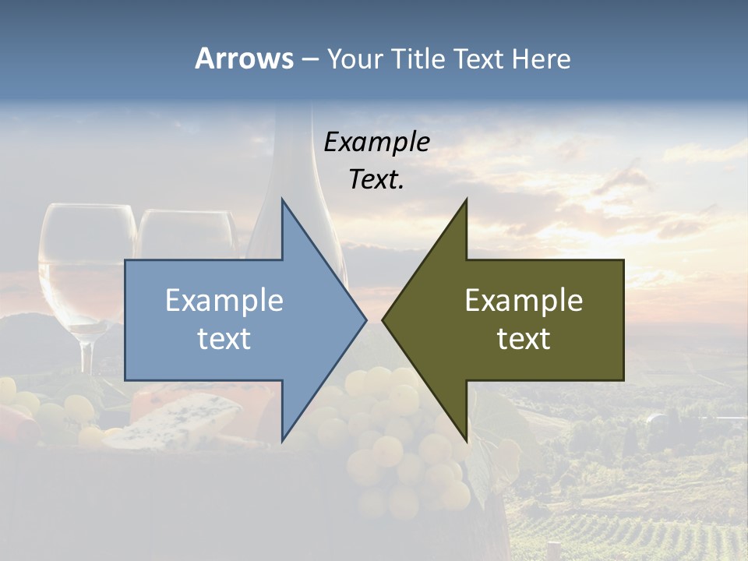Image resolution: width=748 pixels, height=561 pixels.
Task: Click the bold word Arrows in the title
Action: pos(244,58)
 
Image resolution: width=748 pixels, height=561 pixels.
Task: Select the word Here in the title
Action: pos(542,58)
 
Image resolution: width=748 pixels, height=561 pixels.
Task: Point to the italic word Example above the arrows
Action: pos(376,142)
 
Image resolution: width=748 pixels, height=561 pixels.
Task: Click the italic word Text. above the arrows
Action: pos(376,180)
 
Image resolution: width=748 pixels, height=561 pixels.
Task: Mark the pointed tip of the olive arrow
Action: pos(385,319)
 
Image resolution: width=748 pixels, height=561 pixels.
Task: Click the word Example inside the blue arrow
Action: pos(224,301)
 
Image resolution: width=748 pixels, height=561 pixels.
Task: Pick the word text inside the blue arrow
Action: pos(224,339)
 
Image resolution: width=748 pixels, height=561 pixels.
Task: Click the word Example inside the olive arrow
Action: pos(524,301)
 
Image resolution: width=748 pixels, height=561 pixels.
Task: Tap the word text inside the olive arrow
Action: pos(524,339)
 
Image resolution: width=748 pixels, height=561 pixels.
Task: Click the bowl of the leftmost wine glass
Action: pos(86,257)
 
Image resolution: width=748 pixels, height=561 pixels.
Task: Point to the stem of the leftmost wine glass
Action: pos(86,358)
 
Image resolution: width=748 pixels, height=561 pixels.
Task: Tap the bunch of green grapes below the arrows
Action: pos(405,452)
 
